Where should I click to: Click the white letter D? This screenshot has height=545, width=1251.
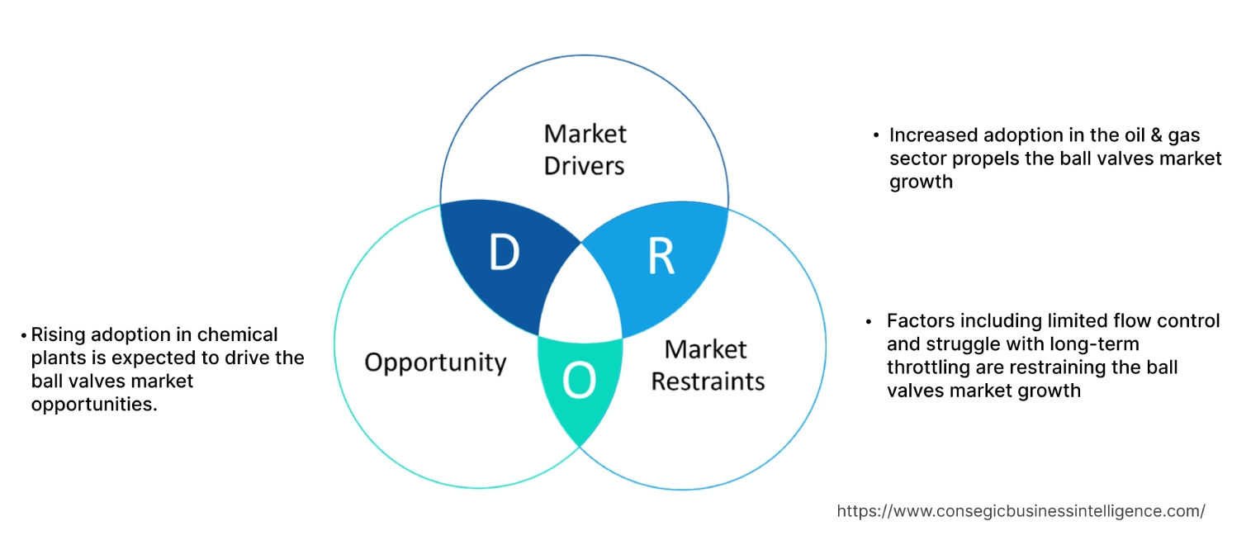point(504,254)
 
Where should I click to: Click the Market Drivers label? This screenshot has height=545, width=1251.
point(585,149)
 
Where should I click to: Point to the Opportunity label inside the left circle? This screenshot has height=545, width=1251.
point(435,362)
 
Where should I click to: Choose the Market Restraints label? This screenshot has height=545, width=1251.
point(708,365)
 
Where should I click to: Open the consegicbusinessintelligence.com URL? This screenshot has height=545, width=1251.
point(1021,511)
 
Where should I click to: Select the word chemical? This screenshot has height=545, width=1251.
point(240,334)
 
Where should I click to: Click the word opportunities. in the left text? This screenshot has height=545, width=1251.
point(93,404)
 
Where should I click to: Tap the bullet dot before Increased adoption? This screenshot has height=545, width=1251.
point(876,135)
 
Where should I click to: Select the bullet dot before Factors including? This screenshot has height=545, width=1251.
point(869,320)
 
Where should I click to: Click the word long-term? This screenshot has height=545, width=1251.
point(1074,343)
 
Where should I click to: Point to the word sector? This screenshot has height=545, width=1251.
point(917,158)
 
